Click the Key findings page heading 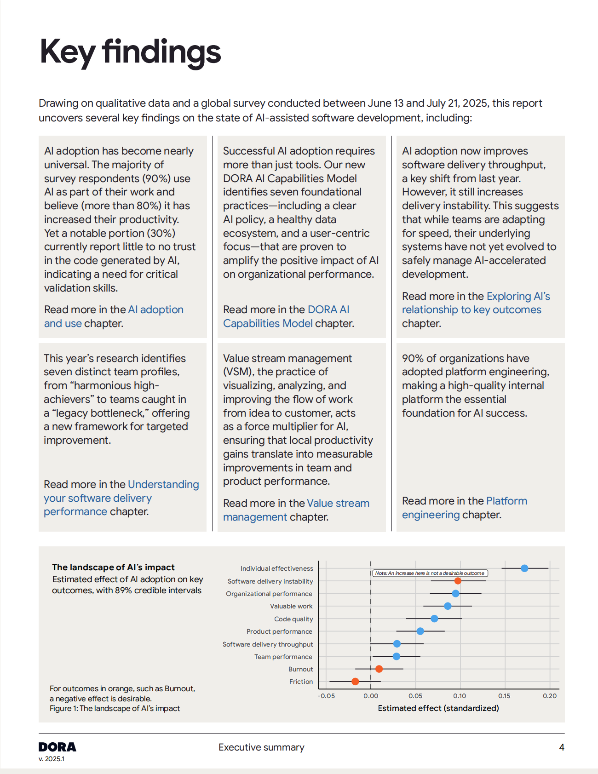point(130,52)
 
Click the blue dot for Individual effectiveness point(524,568)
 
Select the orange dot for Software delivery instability point(458,581)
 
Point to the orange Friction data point point(355,682)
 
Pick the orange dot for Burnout point(379,669)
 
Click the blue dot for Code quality point(434,619)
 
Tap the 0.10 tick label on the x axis point(460,696)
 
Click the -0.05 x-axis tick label point(326,696)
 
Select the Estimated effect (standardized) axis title point(438,708)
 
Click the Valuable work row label point(291,606)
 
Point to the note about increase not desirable point(430,573)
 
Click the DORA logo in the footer point(57,747)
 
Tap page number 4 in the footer point(562,747)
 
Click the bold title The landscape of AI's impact point(113,568)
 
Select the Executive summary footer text point(261,747)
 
